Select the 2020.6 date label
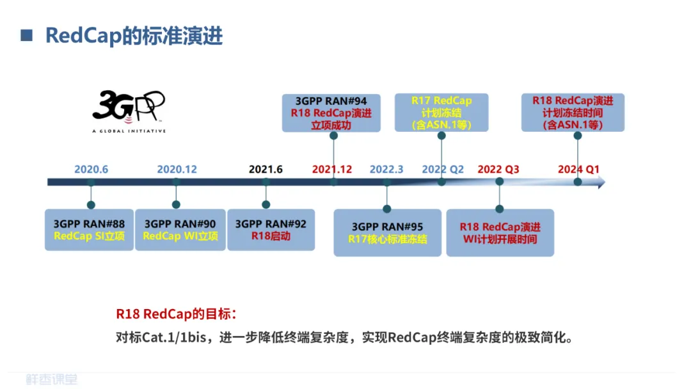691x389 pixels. pos(91,170)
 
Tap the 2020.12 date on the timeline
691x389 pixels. pos(177,170)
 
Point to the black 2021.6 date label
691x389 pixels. pos(266,170)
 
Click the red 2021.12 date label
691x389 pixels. pos(332,170)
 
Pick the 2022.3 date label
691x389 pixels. pos(386,170)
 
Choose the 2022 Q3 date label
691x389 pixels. pos(498,170)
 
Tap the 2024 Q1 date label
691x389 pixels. pos(578,170)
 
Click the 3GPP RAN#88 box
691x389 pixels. pos(90,230)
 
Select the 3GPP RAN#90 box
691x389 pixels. pos(180,230)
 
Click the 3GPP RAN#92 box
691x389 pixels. pos(271,230)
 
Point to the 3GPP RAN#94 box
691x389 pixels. pos(331,113)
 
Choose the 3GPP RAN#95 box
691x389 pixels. pos(388,233)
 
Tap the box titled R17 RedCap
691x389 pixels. pos(441,113)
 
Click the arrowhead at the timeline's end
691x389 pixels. pos(600,183)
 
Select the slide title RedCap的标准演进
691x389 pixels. pos(134,36)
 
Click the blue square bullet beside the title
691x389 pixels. pos(27,36)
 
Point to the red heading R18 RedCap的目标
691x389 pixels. pos(177,314)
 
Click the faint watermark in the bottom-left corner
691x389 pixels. pos(52,379)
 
